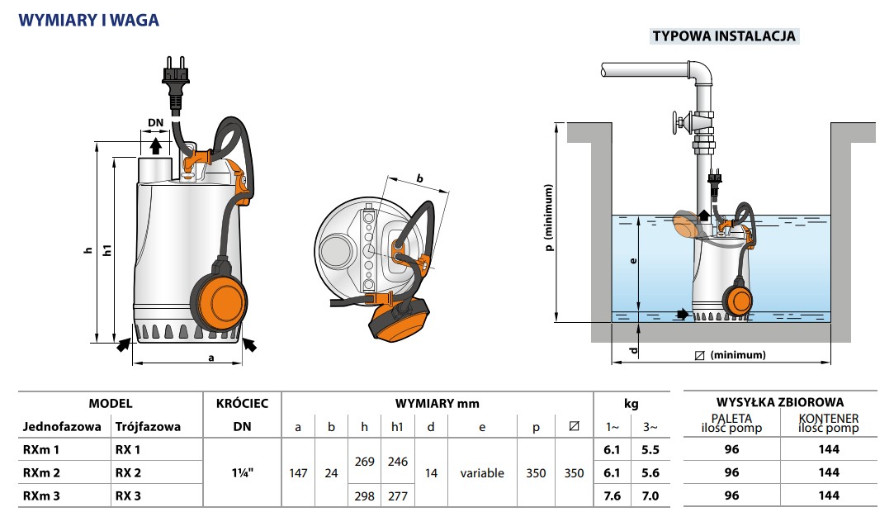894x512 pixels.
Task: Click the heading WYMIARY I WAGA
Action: point(88,21)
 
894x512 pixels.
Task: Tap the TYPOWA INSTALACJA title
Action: point(723,36)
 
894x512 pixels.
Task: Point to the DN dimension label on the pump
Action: point(156,122)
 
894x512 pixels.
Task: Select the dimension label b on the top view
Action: point(419,178)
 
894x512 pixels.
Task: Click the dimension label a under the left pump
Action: point(211,358)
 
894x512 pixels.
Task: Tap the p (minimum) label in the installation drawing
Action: point(548,217)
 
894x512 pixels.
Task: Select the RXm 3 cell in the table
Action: point(41,496)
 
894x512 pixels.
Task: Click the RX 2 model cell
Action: point(128,472)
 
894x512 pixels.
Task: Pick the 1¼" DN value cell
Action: point(243,472)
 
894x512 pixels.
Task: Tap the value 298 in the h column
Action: point(364,496)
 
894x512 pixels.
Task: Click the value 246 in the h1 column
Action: point(397,462)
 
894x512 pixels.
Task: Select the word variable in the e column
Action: point(482,473)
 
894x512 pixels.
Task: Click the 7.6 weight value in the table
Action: point(613,496)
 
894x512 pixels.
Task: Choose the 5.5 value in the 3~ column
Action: point(650,449)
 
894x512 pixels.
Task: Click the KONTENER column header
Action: point(829,419)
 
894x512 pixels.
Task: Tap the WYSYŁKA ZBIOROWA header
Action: point(780,402)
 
